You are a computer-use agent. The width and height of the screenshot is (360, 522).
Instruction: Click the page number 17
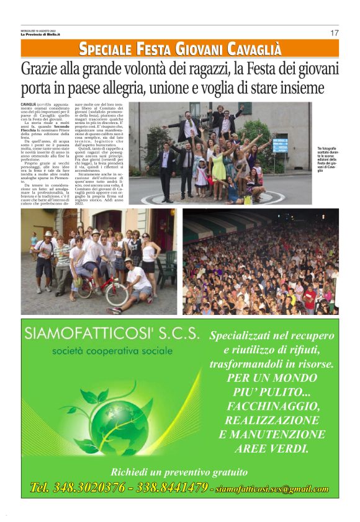[334, 33]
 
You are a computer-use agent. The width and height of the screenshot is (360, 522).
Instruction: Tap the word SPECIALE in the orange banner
[106, 48]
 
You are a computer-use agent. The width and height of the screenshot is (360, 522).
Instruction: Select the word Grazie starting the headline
[39, 68]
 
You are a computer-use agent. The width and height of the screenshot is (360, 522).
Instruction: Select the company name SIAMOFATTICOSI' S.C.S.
[112, 334]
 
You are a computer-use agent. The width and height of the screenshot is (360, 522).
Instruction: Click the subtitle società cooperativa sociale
[112, 351]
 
